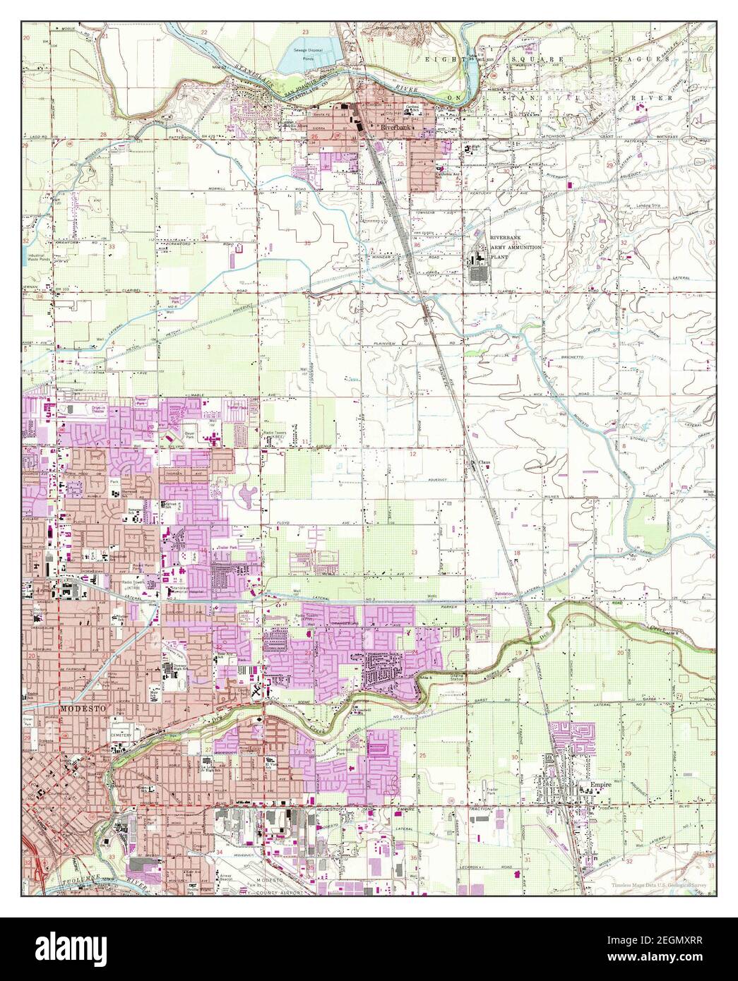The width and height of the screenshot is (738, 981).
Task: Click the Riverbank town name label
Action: coord(395,128)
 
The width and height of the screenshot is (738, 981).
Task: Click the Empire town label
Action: coord(590,784)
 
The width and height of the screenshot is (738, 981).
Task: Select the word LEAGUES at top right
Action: coord(648,61)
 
